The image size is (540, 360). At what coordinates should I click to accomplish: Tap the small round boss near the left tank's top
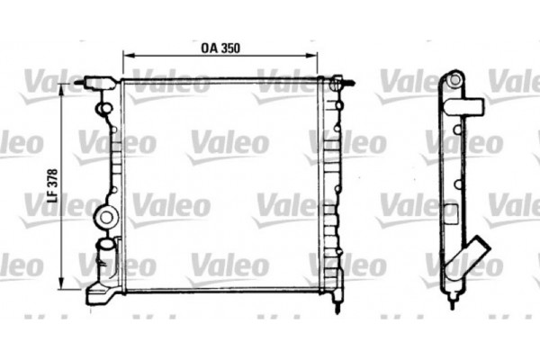coord(103,111)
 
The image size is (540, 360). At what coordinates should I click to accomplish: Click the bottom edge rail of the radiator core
coord(220,290)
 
